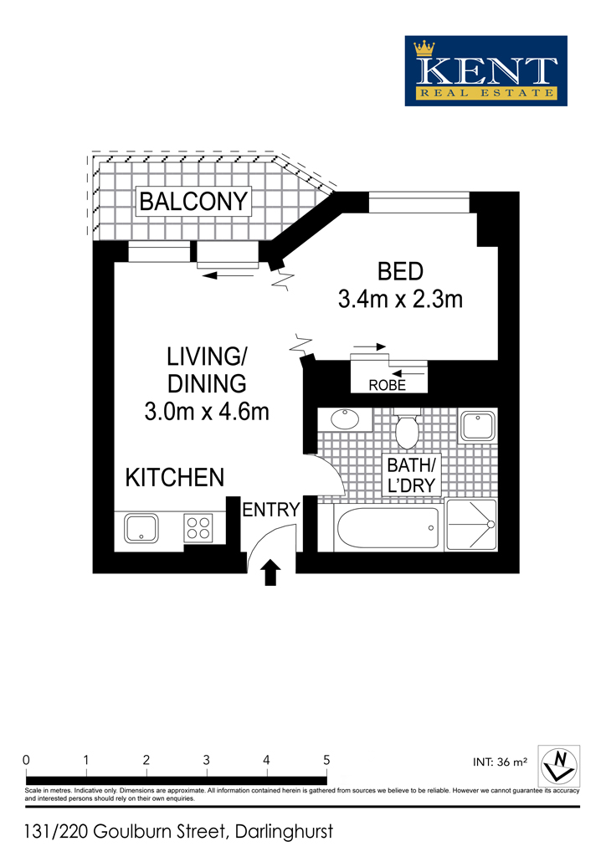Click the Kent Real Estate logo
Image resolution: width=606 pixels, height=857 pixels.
point(485,71)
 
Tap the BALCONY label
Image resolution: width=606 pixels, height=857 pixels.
point(193,202)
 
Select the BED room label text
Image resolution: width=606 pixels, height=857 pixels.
point(401,272)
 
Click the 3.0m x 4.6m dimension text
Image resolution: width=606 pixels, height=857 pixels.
point(207,412)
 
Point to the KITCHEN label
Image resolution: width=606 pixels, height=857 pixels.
point(175,478)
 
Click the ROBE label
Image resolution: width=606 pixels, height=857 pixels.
point(388,385)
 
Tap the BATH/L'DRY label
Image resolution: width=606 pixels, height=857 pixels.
point(411,475)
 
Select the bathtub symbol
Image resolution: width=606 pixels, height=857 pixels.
point(388,528)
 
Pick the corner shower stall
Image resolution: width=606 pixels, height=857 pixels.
point(471,525)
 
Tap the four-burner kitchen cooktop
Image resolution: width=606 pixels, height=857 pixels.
point(198,528)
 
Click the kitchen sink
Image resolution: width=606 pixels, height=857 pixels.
point(141,528)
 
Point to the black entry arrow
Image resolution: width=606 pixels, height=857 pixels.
point(270,572)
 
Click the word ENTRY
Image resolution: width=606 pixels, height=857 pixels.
point(271,510)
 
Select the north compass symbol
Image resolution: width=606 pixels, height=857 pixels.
point(559,767)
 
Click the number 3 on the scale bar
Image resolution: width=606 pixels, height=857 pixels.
point(207,760)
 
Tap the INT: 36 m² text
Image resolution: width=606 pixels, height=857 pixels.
point(500,762)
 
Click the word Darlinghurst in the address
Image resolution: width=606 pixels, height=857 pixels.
point(284,832)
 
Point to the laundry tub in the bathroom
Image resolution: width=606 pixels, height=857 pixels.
point(478,426)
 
